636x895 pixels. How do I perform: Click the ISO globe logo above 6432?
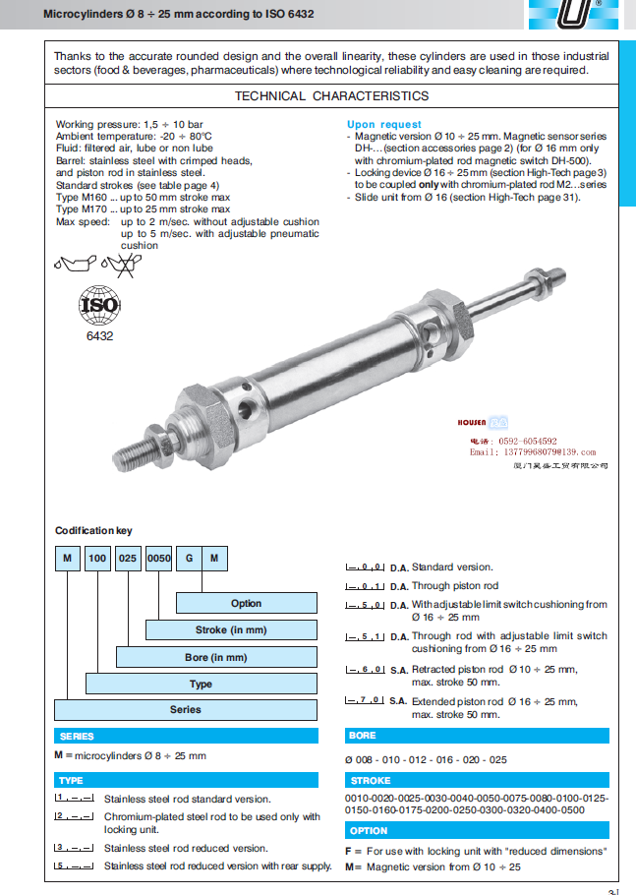(99, 306)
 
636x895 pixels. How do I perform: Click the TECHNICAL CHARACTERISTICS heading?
(331, 96)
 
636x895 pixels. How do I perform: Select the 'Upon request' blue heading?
(384, 125)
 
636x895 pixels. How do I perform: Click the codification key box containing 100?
(98, 559)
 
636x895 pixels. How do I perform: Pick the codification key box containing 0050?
(158, 559)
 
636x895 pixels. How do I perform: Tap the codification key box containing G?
(187, 559)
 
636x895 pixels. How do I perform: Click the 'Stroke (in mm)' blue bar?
(231, 630)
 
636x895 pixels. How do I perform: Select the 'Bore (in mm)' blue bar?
(216, 657)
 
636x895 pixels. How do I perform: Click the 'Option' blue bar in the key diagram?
(246, 603)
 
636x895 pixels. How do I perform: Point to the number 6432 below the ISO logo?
(100, 336)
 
